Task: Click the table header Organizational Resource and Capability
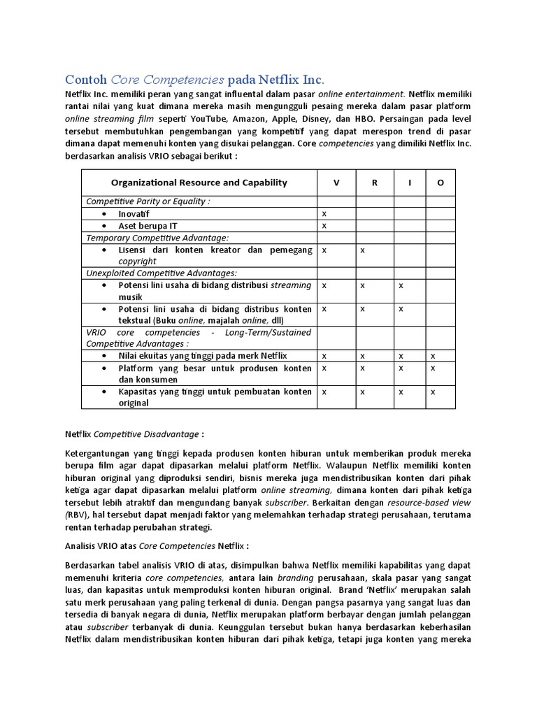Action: tap(199, 182)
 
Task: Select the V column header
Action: tap(336, 182)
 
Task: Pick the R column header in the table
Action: tap(375, 182)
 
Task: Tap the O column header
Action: tap(441, 182)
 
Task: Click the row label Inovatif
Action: tap(134, 213)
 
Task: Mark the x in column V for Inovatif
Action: tap(324, 213)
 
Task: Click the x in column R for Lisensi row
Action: tap(362, 250)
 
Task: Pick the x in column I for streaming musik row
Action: tap(401, 285)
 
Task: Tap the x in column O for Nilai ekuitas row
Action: tap(433, 356)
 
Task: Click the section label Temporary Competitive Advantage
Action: tap(157, 238)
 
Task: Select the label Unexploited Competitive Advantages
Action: tap(161, 273)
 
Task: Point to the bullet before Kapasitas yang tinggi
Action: tap(104, 392)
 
